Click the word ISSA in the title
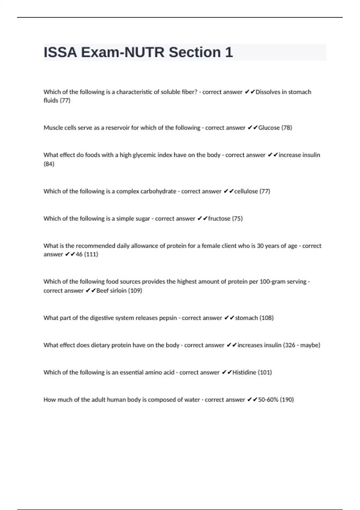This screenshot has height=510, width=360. (x=60, y=52)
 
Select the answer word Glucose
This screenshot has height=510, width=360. (x=269, y=128)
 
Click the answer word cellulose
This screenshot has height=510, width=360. (x=246, y=191)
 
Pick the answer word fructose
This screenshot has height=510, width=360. (x=219, y=219)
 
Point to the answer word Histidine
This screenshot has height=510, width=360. (x=244, y=373)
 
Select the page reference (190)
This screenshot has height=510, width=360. (x=287, y=400)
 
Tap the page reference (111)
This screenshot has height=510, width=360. (x=91, y=254)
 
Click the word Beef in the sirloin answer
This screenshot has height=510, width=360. (x=102, y=291)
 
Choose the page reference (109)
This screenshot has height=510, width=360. (x=135, y=291)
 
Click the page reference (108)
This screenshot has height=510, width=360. (x=266, y=318)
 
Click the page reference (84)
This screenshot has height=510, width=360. (x=49, y=164)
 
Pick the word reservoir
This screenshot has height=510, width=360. (x=117, y=128)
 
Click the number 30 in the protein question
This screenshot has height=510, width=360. (x=260, y=246)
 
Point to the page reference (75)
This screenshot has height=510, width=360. (x=237, y=219)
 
